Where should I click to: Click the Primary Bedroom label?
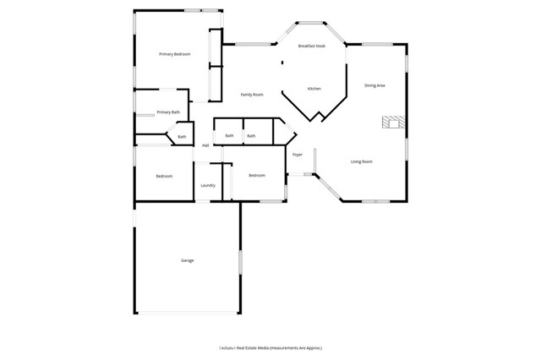175,54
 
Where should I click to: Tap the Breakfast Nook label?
312,46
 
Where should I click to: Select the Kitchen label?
314,89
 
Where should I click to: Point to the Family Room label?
252,95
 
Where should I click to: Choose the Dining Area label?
374,85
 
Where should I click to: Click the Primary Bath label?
168,112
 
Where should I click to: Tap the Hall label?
205,145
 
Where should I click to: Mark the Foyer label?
298,155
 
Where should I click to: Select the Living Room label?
362,161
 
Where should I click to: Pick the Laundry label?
208,185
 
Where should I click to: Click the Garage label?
188,260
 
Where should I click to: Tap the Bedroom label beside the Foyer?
257,176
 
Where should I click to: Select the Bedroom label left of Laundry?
164,177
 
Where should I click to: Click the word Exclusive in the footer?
227,347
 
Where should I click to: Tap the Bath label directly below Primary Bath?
182,137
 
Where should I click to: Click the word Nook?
320,46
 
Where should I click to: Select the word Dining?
369,85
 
